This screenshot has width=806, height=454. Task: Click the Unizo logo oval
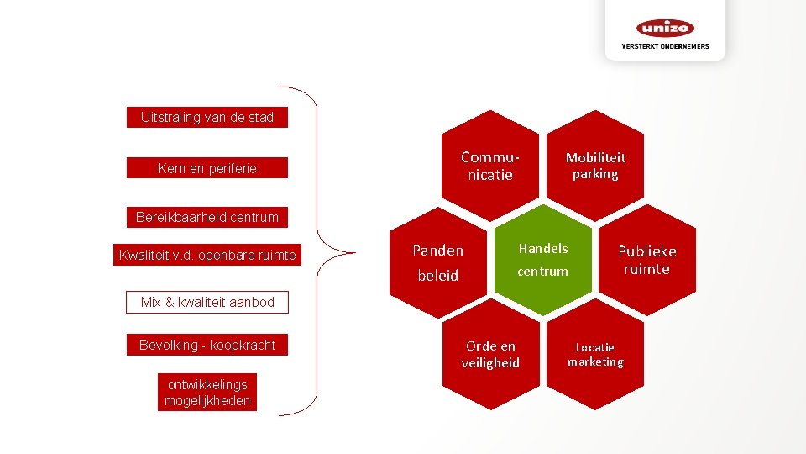tap(665, 28)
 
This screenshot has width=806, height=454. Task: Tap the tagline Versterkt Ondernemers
tap(665, 46)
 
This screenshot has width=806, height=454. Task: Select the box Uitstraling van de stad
tap(207, 118)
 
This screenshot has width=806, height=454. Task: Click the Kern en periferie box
tap(207, 168)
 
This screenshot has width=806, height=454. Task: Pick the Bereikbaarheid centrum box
tap(207, 218)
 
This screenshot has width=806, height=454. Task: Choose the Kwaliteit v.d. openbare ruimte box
tap(207, 255)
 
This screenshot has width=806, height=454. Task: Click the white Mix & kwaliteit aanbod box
tap(207, 302)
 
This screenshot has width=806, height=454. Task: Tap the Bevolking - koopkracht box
tap(207, 345)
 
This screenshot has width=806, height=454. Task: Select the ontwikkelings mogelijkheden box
tap(207, 393)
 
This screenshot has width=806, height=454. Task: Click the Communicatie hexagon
tap(490, 166)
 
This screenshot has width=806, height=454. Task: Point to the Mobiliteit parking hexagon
tap(595, 166)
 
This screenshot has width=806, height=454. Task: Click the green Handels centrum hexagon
tap(542, 260)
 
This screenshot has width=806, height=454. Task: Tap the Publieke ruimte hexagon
tap(647, 260)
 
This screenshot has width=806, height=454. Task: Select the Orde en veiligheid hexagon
tap(490, 354)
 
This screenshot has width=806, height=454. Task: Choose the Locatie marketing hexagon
tap(595, 354)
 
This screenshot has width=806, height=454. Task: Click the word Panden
tap(437, 250)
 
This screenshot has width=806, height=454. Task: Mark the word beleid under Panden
tap(437, 275)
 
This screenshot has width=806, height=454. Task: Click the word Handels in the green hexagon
tap(543, 248)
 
